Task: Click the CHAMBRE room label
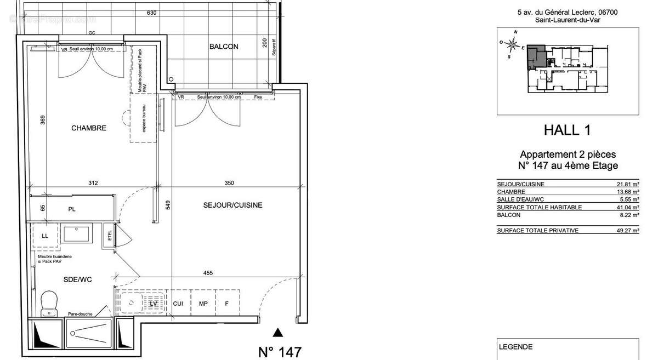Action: click(88, 128)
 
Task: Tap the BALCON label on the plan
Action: click(224, 47)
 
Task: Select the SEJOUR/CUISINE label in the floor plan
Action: click(232, 205)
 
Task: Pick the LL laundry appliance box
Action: click(45, 236)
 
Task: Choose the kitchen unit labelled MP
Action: click(203, 303)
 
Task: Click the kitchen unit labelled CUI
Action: click(178, 303)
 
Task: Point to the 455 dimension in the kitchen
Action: click(207, 273)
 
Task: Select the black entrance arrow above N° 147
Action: click(279, 332)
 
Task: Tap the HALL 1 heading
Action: click(568, 130)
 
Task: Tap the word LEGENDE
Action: click(516, 347)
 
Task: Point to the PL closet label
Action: click(71, 209)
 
